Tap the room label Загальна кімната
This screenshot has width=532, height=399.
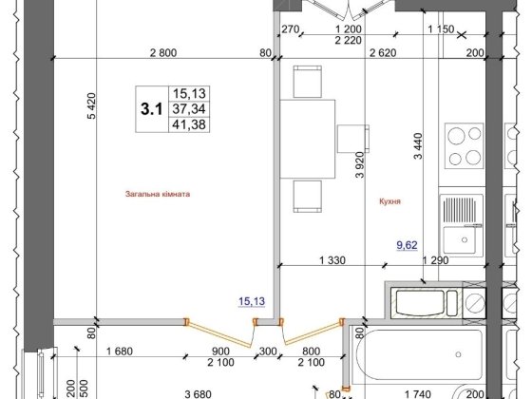coord(158,194)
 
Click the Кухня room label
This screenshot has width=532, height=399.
coord(387,202)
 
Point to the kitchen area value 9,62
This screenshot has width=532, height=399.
coord(408,244)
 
